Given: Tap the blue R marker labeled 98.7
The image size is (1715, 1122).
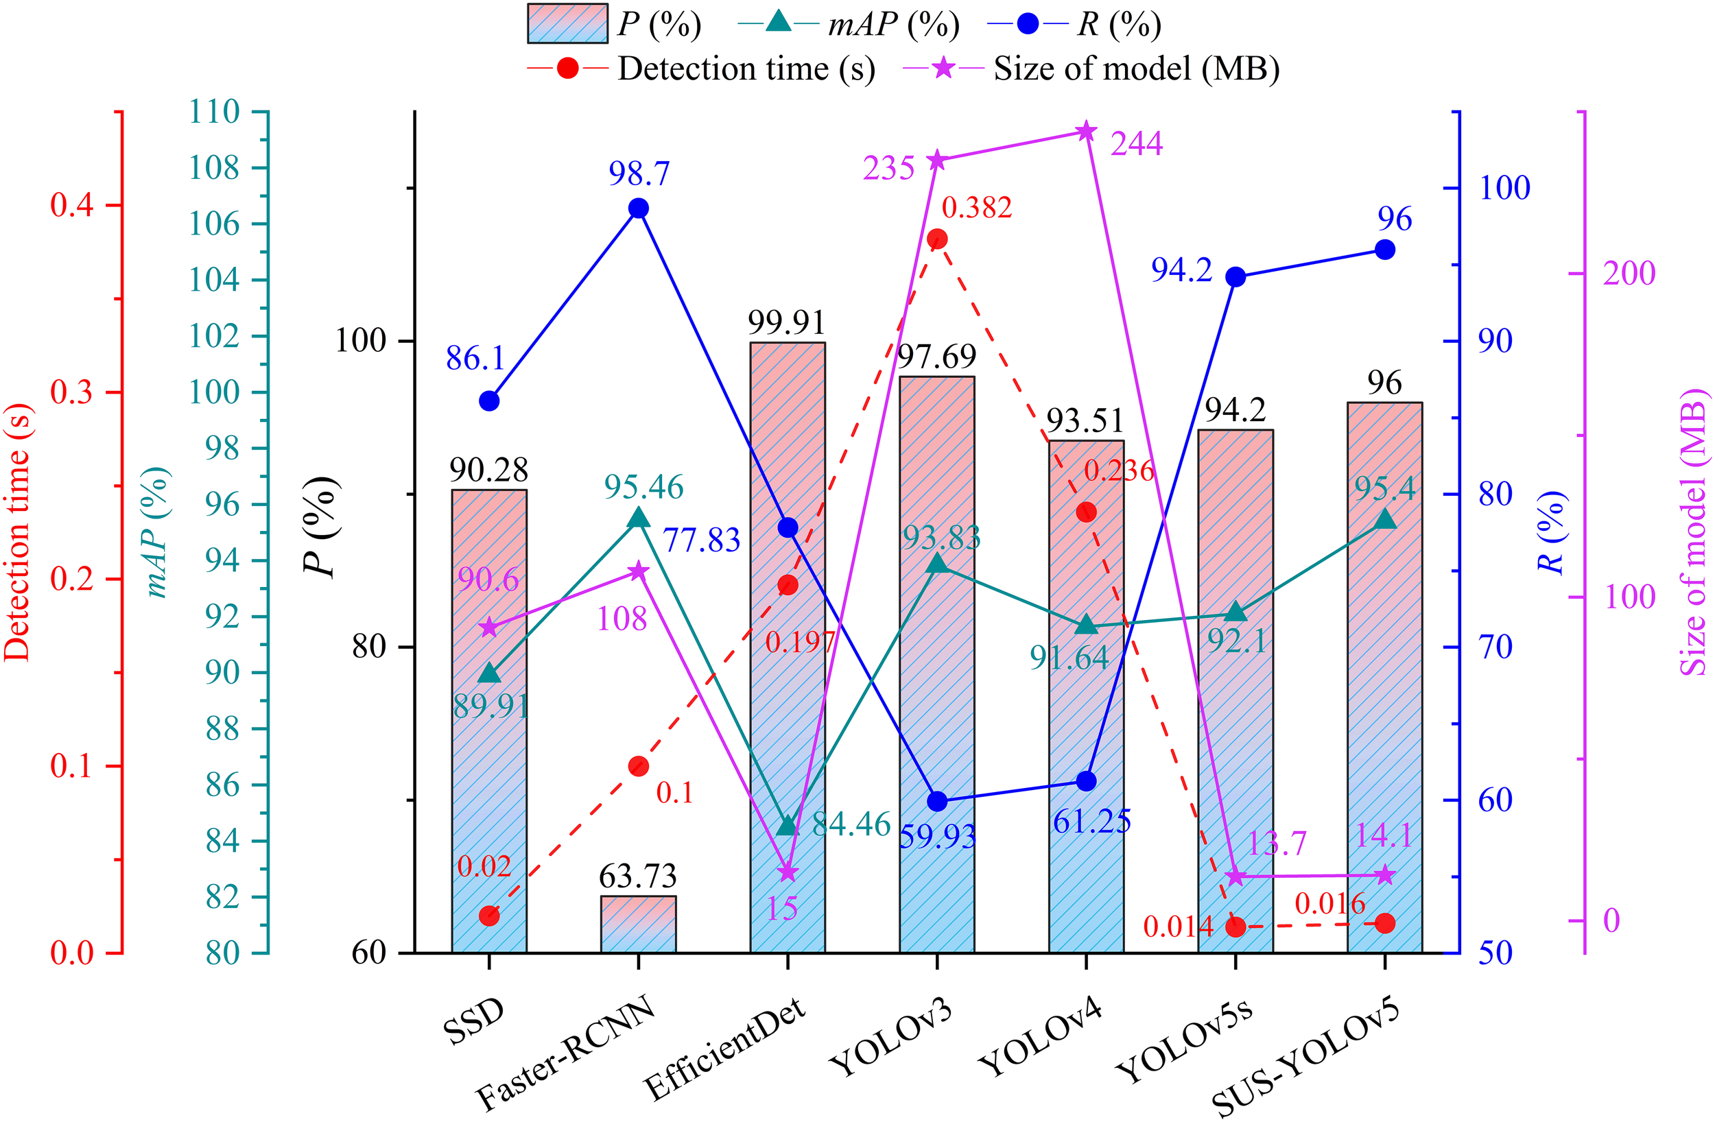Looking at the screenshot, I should pos(638,208).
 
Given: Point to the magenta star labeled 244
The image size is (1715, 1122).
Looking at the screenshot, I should pos(1086,132).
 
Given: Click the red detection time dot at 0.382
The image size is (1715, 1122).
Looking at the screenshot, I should pos(937,239).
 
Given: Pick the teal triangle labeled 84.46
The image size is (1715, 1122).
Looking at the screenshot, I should pos(787,826).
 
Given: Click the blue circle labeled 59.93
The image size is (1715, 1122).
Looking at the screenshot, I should pos(937,800).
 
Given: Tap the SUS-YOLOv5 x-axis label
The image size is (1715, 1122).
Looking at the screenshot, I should pos(1308,1060).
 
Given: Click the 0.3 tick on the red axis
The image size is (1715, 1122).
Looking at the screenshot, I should pos(72,393).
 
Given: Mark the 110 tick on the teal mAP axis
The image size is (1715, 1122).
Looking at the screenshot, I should pos(215,112).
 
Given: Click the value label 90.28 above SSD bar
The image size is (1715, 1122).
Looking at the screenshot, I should pos(488,470).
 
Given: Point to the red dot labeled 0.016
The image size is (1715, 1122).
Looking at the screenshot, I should pos(1384,923).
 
